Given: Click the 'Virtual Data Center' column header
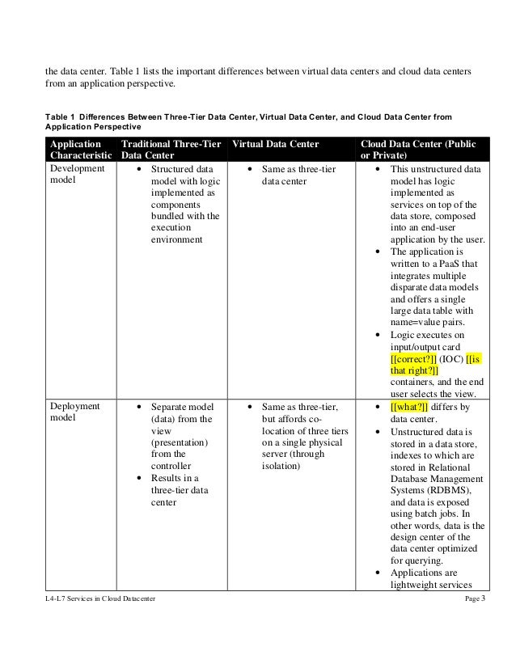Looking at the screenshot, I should coord(274,145).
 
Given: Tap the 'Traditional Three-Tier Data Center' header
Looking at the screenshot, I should coord(171,151).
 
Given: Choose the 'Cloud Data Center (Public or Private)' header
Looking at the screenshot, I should coord(418,151).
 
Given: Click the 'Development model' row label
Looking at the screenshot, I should coord(78,175).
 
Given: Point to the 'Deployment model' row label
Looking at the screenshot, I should coord(75,412).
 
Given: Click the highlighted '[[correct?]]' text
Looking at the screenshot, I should coord(413,358).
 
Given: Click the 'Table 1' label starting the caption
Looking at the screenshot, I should coord(61,116).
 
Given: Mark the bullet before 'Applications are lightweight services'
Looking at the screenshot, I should coord(379,574).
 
